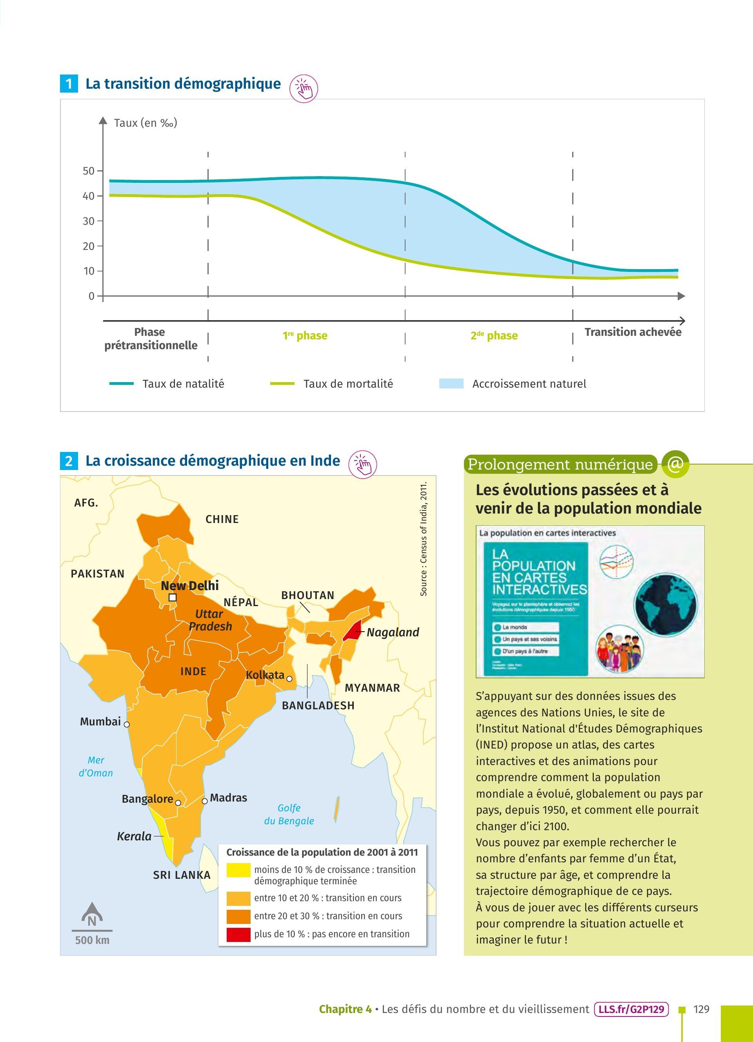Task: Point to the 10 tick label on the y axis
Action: pos(89,271)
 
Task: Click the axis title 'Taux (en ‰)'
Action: pos(146,123)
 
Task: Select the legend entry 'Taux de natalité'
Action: pos(183,384)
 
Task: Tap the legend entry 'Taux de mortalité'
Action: pos(348,384)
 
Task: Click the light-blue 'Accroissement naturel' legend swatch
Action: pos(451,384)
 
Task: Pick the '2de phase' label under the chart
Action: pos(494,335)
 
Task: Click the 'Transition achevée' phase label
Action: pos(633,332)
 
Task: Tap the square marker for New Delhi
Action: pos(173,597)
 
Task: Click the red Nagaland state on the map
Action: pos(353,631)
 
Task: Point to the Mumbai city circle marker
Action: pos(127,725)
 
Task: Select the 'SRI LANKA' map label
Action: pos(182,875)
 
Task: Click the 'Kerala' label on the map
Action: pos(134,836)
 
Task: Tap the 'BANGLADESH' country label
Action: pos(318,705)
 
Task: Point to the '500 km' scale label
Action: pos(92,940)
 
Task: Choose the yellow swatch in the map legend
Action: pos(238,871)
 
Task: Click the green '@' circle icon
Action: pos(675,464)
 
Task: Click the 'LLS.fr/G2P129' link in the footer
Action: pos(631,1009)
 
